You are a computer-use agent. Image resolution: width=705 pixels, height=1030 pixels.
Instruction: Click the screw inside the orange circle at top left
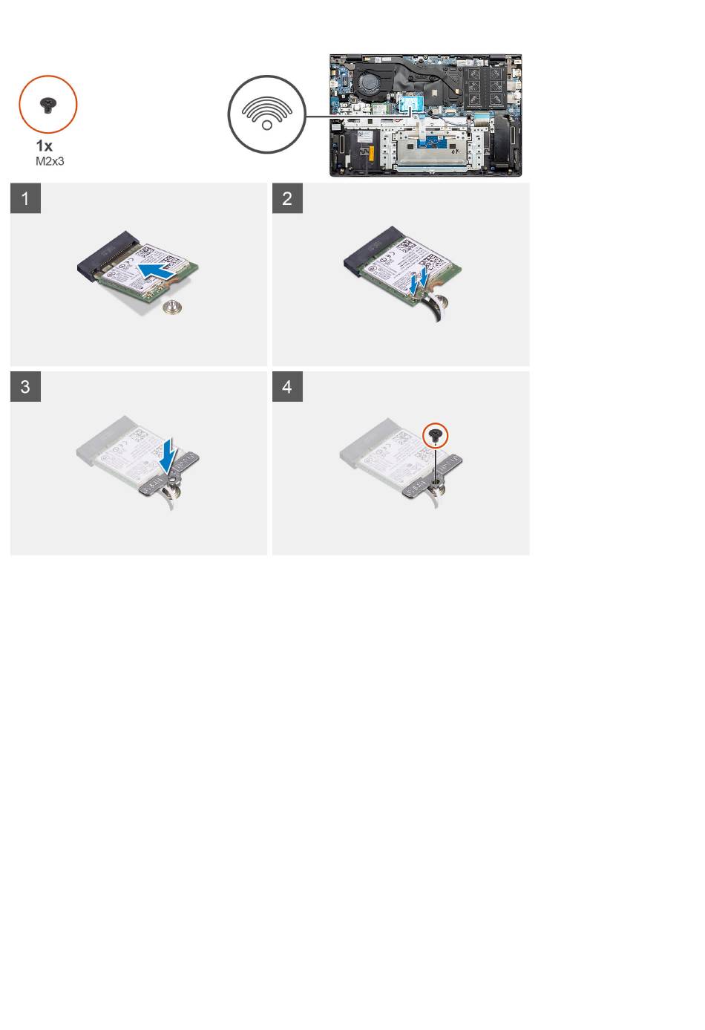pos(47,105)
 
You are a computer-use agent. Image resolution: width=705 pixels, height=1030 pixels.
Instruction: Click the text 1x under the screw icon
pos(44,146)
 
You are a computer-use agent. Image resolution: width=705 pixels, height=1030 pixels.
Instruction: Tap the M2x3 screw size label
pos(50,161)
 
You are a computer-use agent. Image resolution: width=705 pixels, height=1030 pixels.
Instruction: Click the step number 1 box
pos(25,198)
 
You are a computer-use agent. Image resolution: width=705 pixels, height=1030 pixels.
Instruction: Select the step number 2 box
pos(287,198)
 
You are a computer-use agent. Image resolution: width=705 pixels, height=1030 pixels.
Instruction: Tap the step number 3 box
pos(25,386)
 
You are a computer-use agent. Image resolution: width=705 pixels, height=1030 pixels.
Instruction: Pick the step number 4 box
pos(287,386)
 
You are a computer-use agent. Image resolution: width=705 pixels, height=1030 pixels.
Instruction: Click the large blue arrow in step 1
pos(157,271)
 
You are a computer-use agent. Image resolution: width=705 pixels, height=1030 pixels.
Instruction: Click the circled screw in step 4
pos(435,435)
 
